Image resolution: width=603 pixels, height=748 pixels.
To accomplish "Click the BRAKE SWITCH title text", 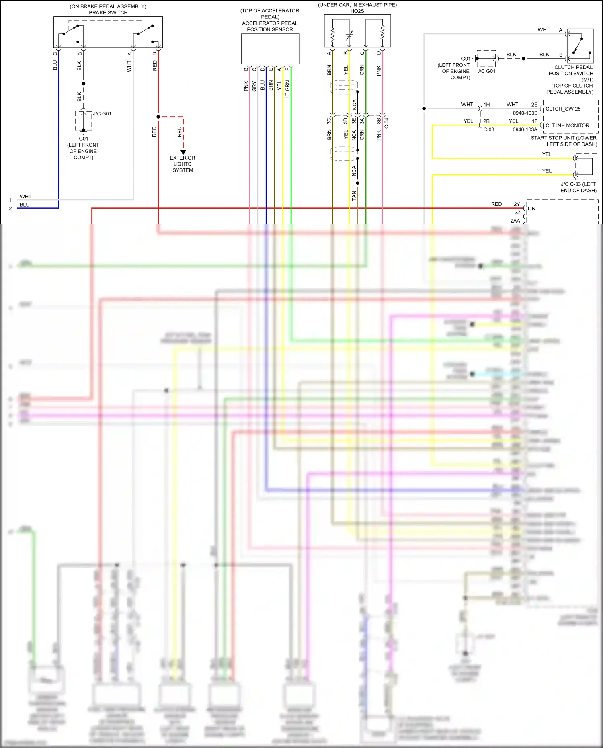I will click(108, 13).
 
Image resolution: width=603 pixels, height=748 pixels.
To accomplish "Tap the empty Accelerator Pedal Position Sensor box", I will click(270, 49).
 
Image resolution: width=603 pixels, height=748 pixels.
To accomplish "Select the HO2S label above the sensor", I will click(357, 11).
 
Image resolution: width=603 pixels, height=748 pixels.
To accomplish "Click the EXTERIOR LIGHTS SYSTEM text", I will click(183, 164).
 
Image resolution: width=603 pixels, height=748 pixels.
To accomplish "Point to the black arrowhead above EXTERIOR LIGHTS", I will click(183, 152).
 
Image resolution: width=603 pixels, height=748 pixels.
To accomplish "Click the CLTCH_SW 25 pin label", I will click(563, 109).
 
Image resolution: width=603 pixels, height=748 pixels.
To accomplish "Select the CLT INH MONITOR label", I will click(567, 126).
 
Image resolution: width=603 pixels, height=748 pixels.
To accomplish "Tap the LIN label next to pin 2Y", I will click(532, 209).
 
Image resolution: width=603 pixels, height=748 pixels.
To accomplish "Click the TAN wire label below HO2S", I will click(354, 195).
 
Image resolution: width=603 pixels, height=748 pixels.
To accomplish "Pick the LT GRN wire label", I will click(287, 89).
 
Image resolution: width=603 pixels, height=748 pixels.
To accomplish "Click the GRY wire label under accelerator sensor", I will click(254, 86).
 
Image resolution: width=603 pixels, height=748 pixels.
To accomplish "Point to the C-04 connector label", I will click(386, 123).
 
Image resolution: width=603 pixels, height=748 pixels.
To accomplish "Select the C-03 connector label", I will click(488, 130).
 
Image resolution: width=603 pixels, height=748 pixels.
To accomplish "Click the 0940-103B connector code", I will click(525, 113).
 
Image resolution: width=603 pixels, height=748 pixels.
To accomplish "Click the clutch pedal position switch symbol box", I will click(580, 46).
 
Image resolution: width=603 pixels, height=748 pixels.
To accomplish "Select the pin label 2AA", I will click(515, 221).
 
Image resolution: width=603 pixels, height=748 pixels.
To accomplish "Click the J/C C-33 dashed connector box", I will click(586, 166).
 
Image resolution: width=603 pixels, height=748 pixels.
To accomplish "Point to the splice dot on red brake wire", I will click(158, 117).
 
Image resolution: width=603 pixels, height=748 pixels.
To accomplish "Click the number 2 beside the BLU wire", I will click(10, 209).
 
